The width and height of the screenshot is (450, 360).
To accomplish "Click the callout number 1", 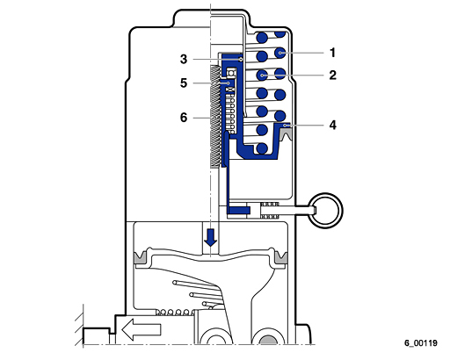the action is pyautogui.click(x=332, y=53).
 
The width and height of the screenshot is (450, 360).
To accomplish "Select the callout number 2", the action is pyautogui.click(x=332, y=76).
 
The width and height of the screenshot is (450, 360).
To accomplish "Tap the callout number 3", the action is pyautogui.click(x=184, y=59).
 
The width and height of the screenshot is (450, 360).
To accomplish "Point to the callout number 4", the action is pyautogui.click(x=332, y=125).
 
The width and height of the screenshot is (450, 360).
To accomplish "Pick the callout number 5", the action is pyautogui.click(x=184, y=83).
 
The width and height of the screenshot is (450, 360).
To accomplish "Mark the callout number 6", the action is pyautogui.click(x=184, y=118).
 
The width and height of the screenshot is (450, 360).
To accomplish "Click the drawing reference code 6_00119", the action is pyautogui.click(x=421, y=342).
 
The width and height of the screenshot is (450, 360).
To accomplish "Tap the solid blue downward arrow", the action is pyautogui.click(x=210, y=237).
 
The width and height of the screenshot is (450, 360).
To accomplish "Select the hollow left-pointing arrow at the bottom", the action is pyautogui.click(x=142, y=329).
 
